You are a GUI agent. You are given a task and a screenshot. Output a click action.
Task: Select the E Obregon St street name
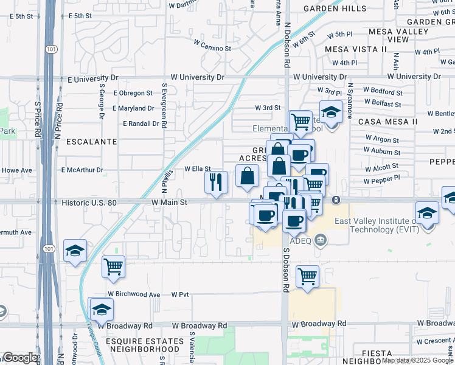pyautogui.click(x=133, y=93)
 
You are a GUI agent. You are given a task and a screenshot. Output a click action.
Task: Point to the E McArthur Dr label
pyautogui.click(x=82, y=170)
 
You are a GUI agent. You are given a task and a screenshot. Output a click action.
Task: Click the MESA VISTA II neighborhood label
pyautogui.click(x=356, y=49)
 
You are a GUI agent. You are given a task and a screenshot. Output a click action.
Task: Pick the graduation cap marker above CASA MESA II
pyautogui.click(x=330, y=114)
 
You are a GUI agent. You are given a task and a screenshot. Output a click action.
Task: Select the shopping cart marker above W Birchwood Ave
pyautogui.click(x=114, y=266)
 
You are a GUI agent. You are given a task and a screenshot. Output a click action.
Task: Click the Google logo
pyautogui.click(x=19, y=358)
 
